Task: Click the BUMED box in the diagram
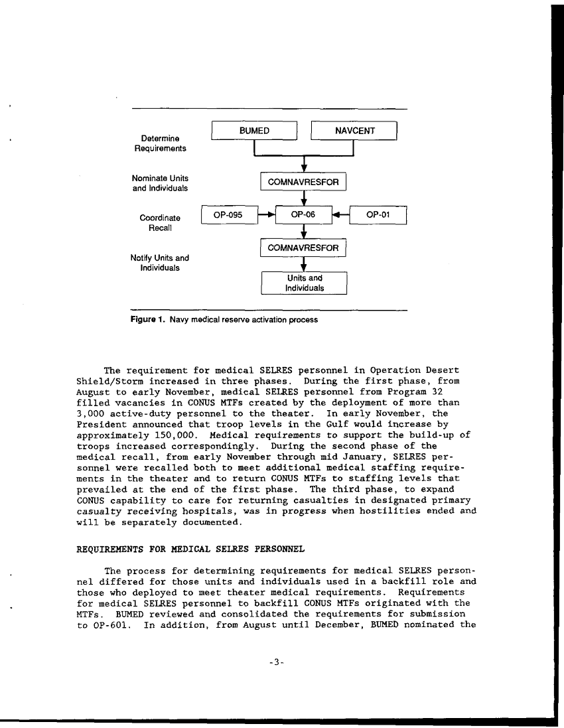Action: pos(253,131)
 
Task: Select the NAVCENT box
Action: pos(354,131)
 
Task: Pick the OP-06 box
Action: pos(303,215)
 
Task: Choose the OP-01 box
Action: pos(378,215)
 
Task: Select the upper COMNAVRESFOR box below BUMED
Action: pos(303,181)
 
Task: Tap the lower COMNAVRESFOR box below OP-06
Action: pos(303,248)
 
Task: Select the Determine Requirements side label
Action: pos(156,143)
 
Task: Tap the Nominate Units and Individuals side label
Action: pos(159,183)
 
